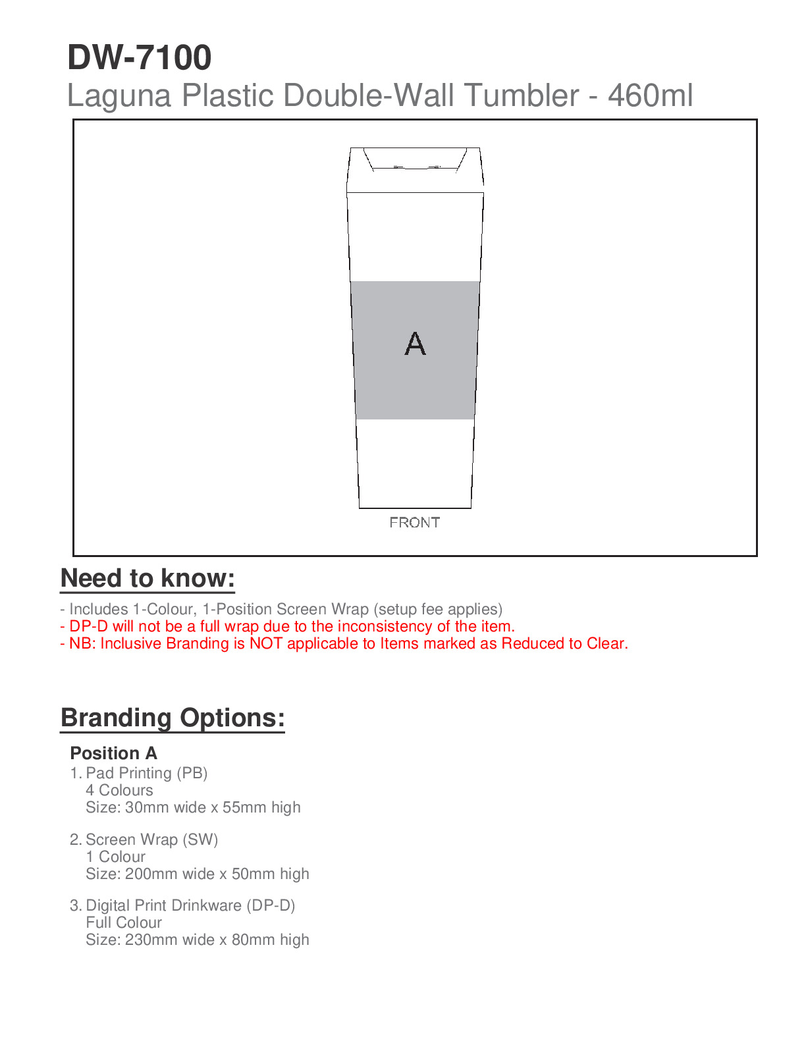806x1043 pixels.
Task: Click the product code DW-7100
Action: click(140, 58)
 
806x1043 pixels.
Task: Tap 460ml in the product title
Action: click(650, 95)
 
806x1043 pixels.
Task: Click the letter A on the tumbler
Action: click(415, 344)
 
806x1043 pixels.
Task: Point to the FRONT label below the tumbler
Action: click(414, 523)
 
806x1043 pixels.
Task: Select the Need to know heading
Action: click(148, 578)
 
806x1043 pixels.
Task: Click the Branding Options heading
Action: click(173, 718)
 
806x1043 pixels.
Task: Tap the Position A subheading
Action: click(114, 753)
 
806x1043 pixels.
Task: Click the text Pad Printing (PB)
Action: click(146, 773)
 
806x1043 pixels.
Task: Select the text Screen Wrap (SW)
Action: click(151, 840)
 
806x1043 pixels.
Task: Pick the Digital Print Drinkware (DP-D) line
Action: click(190, 905)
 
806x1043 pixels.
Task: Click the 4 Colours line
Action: click(119, 790)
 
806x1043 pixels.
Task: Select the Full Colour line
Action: click(124, 923)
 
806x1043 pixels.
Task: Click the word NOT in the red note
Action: click(266, 643)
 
